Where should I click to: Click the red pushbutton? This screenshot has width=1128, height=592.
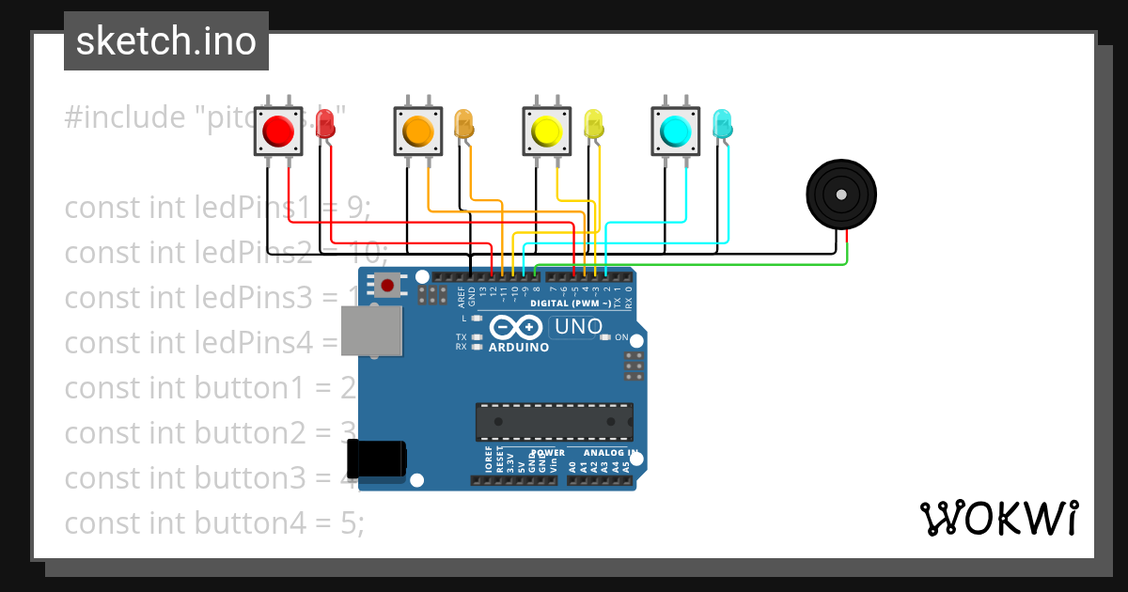(278, 132)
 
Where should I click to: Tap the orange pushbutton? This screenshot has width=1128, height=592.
(417, 132)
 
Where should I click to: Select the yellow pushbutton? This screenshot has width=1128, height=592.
(546, 132)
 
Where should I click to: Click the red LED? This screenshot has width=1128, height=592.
(324, 124)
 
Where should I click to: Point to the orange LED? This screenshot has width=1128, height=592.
(463, 124)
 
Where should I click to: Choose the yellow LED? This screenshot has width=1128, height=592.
(593, 124)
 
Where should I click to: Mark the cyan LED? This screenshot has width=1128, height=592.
(722, 124)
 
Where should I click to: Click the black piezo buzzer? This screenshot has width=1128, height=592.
(841, 195)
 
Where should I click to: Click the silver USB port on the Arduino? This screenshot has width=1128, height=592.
(369, 332)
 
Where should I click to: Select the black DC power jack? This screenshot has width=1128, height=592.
(376, 458)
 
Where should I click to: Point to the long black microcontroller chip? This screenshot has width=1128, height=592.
(554, 422)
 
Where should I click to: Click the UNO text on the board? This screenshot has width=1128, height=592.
(578, 327)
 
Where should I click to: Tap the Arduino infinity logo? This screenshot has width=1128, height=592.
(516, 328)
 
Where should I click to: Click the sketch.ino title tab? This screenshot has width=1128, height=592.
(166, 41)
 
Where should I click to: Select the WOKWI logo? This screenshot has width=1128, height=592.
(998, 518)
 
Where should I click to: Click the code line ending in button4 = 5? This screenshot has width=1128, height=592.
(213, 522)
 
